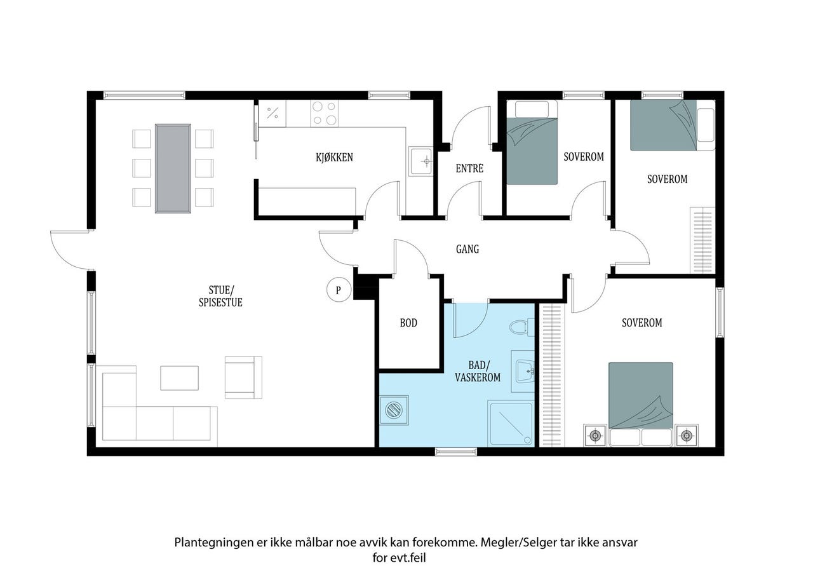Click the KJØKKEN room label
coord(334,157)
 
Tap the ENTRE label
coord(469,168)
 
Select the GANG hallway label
coord(467,249)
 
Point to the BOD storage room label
coord(408,323)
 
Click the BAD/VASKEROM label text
coord(478,371)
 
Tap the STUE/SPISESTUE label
coord(220,296)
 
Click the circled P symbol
coord(339,290)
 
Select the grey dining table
coord(173,168)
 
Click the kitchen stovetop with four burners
coord(324,113)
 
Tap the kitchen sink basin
coord(421,161)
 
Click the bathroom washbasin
coord(525,371)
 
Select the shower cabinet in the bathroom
coord(510,424)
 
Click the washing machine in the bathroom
coord(394,410)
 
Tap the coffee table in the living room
coord(179,378)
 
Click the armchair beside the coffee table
coord(243,377)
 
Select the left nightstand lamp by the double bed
coord(595,435)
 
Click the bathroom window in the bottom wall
coord(456,452)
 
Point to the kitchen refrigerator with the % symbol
coord(272,113)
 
